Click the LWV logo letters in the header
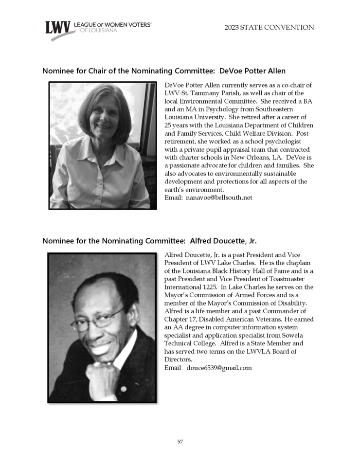(58, 28)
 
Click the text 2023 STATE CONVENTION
(269, 28)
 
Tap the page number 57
(180, 442)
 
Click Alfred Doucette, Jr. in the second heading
(223, 241)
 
